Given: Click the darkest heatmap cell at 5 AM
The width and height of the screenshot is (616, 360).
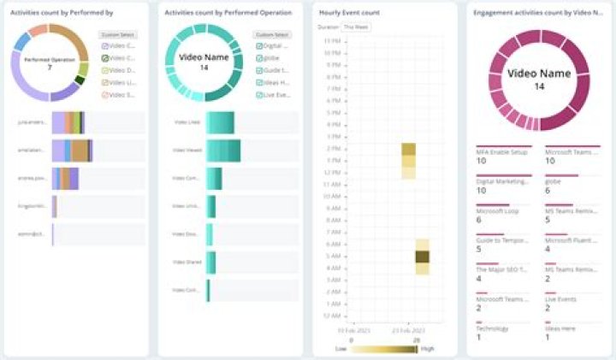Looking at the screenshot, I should point(422,256).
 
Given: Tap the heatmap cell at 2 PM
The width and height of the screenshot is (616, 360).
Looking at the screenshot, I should point(408,149).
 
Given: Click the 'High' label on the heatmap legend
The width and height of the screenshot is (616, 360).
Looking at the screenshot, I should point(427,349).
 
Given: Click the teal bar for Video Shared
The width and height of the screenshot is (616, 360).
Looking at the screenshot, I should point(210,263).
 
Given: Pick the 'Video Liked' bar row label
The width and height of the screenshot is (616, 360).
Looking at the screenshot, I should point(187,122).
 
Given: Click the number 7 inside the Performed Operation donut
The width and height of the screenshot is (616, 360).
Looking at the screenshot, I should point(50,67).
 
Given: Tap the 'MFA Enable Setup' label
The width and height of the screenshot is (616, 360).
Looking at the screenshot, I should point(501,151).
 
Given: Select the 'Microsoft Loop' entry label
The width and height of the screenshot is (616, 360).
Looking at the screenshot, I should point(496,210).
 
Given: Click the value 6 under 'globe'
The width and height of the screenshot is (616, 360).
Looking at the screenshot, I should point(548,191).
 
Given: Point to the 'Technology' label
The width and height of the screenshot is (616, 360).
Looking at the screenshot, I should point(492,328).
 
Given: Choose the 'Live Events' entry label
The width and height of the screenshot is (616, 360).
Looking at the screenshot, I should point(561,299).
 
